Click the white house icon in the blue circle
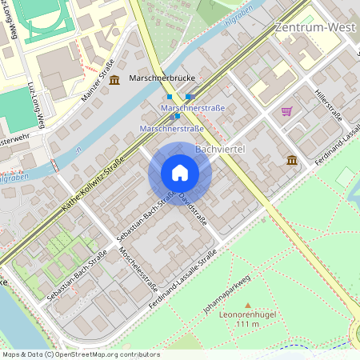coord(180,173)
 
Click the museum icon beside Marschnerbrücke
coord(114,79)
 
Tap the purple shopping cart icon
coord(286,111)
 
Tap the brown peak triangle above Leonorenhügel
coord(247,305)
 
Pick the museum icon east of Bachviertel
coord(292,161)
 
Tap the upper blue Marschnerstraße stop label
coord(193,107)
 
